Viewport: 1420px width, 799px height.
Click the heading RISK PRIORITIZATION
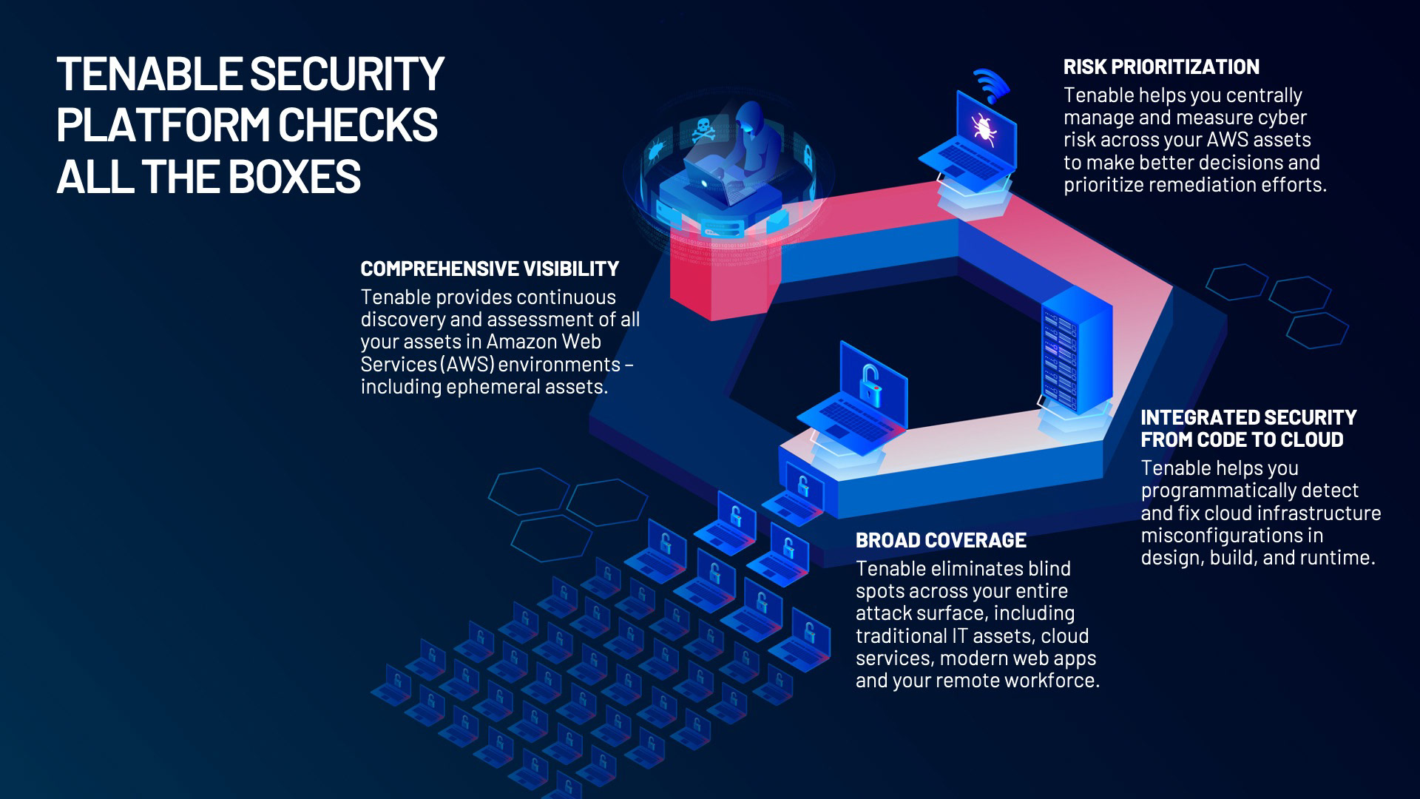(x=1161, y=67)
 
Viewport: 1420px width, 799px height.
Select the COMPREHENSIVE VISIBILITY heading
(x=490, y=269)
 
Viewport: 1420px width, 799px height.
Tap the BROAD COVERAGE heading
(x=941, y=541)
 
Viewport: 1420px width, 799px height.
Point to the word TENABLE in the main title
(x=149, y=74)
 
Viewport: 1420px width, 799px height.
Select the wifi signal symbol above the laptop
(x=991, y=84)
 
